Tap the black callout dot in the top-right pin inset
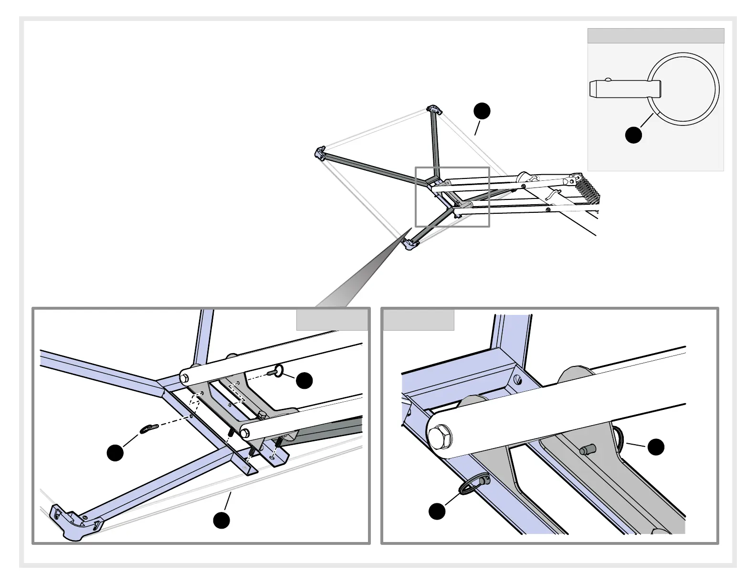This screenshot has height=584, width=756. click(633, 135)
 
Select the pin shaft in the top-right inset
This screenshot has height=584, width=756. click(620, 88)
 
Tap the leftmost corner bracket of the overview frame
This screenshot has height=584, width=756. click(319, 154)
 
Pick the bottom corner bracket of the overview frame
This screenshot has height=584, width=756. click(411, 245)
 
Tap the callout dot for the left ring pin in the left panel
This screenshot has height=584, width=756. click(115, 452)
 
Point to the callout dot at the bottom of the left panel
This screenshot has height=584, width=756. click(221, 520)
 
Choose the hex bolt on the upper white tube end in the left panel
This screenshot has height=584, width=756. click(184, 378)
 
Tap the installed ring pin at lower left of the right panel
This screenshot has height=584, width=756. click(472, 484)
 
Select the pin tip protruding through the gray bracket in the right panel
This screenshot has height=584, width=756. click(587, 450)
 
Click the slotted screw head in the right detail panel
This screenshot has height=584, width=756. click(518, 380)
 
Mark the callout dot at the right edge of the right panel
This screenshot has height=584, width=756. click(656, 447)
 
